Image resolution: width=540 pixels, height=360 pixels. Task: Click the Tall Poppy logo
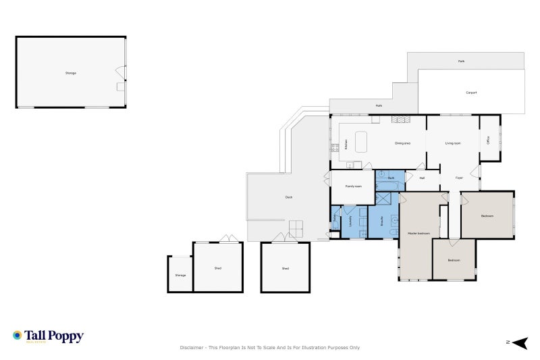click(x=48, y=336)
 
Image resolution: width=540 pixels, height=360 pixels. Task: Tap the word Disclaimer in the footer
click(x=192, y=348)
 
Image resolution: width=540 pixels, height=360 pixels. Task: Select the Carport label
click(x=471, y=93)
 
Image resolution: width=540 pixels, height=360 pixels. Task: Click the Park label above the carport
click(x=461, y=61)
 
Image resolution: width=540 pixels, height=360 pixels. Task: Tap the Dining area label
click(x=402, y=143)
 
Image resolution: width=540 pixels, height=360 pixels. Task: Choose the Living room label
click(x=452, y=143)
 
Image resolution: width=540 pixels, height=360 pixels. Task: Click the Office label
click(x=488, y=140)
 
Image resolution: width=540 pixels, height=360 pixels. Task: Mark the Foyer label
click(x=459, y=178)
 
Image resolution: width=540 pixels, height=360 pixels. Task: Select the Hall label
click(x=422, y=178)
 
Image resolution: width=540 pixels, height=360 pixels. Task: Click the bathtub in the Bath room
click(x=390, y=186)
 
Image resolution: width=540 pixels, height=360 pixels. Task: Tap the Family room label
click(x=354, y=186)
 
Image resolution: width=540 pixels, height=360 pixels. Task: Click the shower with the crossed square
click(x=383, y=199)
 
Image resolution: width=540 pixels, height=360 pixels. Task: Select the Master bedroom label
click(x=418, y=233)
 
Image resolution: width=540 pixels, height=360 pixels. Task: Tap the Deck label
click(x=289, y=197)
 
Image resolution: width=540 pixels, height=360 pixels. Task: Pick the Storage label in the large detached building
click(x=70, y=72)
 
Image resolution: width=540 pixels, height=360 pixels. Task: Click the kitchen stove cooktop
click(x=333, y=148)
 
